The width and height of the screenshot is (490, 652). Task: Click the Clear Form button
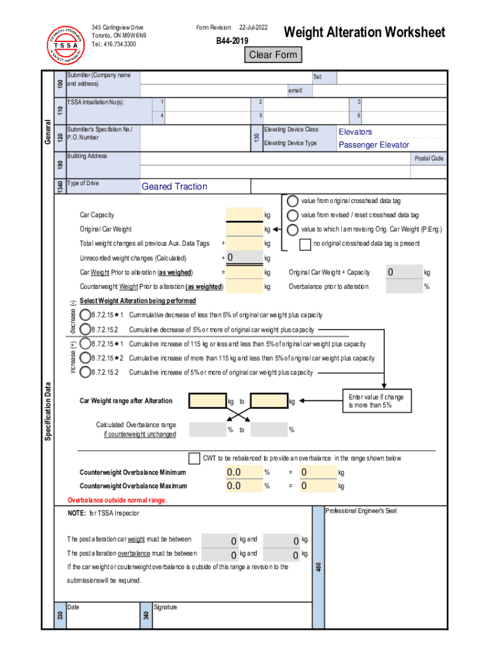pyautogui.click(x=273, y=55)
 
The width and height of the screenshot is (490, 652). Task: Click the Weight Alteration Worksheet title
pyautogui.click(x=364, y=32)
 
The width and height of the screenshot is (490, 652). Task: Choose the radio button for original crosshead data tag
pyautogui.click(x=293, y=201)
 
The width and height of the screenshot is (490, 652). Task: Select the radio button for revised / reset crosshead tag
pyautogui.click(x=293, y=215)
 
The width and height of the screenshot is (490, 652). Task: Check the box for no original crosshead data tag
pyautogui.click(x=305, y=244)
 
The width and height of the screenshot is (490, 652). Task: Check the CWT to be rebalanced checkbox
pyautogui.click(x=195, y=458)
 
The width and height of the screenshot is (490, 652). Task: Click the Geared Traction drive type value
pyautogui.click(x=174, y=187)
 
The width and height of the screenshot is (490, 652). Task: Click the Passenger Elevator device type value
pyautogui.click(x=374, y=145)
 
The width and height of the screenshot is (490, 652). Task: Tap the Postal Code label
pyautogui.click(x=429, y=159)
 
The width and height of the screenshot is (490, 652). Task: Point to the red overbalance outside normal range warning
pyautogui.click(x=117, y=500)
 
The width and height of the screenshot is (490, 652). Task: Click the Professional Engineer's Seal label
pyautogui.click(x=360, y=511)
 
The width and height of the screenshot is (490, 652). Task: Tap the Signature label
pyautogui.click(x=165, y=607)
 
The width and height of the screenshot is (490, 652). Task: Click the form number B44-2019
pyautogui.click(x=232, y=41)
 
